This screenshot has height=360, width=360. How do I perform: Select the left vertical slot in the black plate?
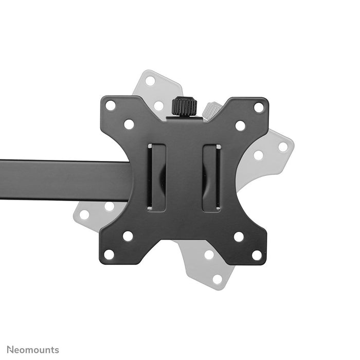coord(156,177)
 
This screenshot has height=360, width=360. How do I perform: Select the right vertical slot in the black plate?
coord(211,177)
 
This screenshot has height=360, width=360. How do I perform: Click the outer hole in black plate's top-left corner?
coord(111,106)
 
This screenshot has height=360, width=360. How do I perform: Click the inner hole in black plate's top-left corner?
coord(129,124)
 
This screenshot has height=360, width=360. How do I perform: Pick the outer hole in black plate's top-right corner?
coord(259,107)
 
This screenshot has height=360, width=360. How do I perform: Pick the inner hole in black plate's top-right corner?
coord(240,125)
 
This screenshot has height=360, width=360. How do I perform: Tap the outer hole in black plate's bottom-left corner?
coord(109,254)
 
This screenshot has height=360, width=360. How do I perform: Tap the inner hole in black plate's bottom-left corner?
coord(128,236)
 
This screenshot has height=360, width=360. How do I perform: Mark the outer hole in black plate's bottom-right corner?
coord(257,255)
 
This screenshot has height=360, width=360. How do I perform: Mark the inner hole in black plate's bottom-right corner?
coord(239,237)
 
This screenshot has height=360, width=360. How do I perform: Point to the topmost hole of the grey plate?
coord(150,81)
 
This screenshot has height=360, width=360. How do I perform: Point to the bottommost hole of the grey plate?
coord(218,279)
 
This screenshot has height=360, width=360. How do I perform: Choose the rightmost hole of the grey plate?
coord(283,147)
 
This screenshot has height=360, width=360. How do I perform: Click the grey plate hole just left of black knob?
coord(159,105)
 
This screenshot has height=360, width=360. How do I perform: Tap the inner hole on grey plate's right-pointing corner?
coord(259,155)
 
